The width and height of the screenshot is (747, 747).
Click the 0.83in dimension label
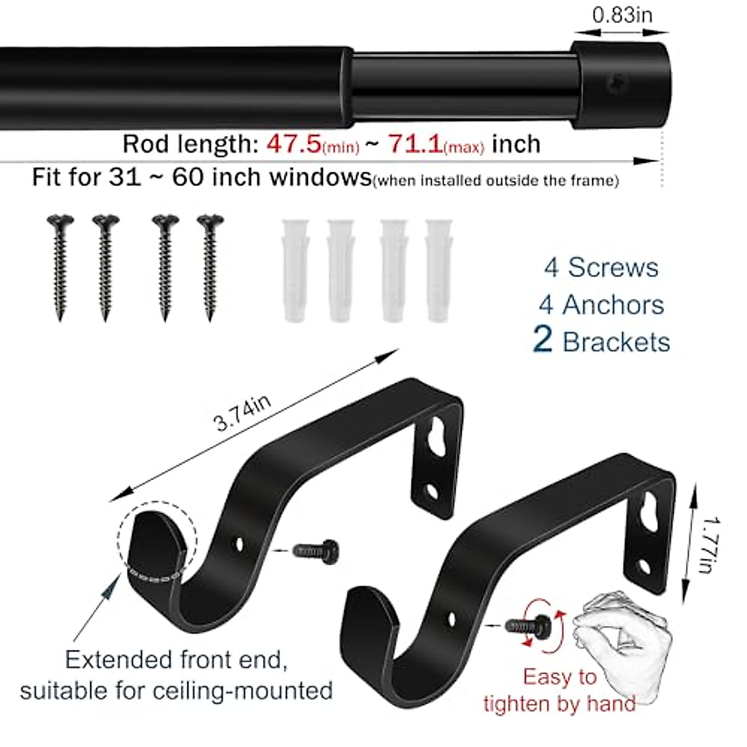(x=622, y=14)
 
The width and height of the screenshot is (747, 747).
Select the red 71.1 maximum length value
(x=416, y=144)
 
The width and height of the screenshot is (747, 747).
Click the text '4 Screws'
(x=601, y=268)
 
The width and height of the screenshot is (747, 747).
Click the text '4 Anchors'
(x=601, y=305)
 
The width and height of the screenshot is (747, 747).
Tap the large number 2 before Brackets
(x=542, y=341)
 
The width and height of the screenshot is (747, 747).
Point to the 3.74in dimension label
(x=243, y=413)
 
